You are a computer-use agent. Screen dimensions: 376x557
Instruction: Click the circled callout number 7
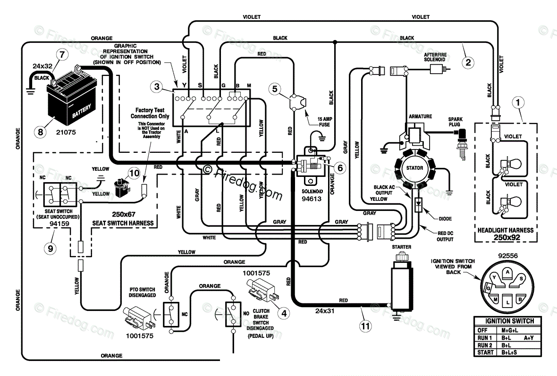[x=61, y=54]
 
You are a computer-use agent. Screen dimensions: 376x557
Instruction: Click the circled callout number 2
[x=467, y=60]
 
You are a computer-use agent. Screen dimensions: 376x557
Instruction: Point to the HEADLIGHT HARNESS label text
[x=506, y=230]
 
